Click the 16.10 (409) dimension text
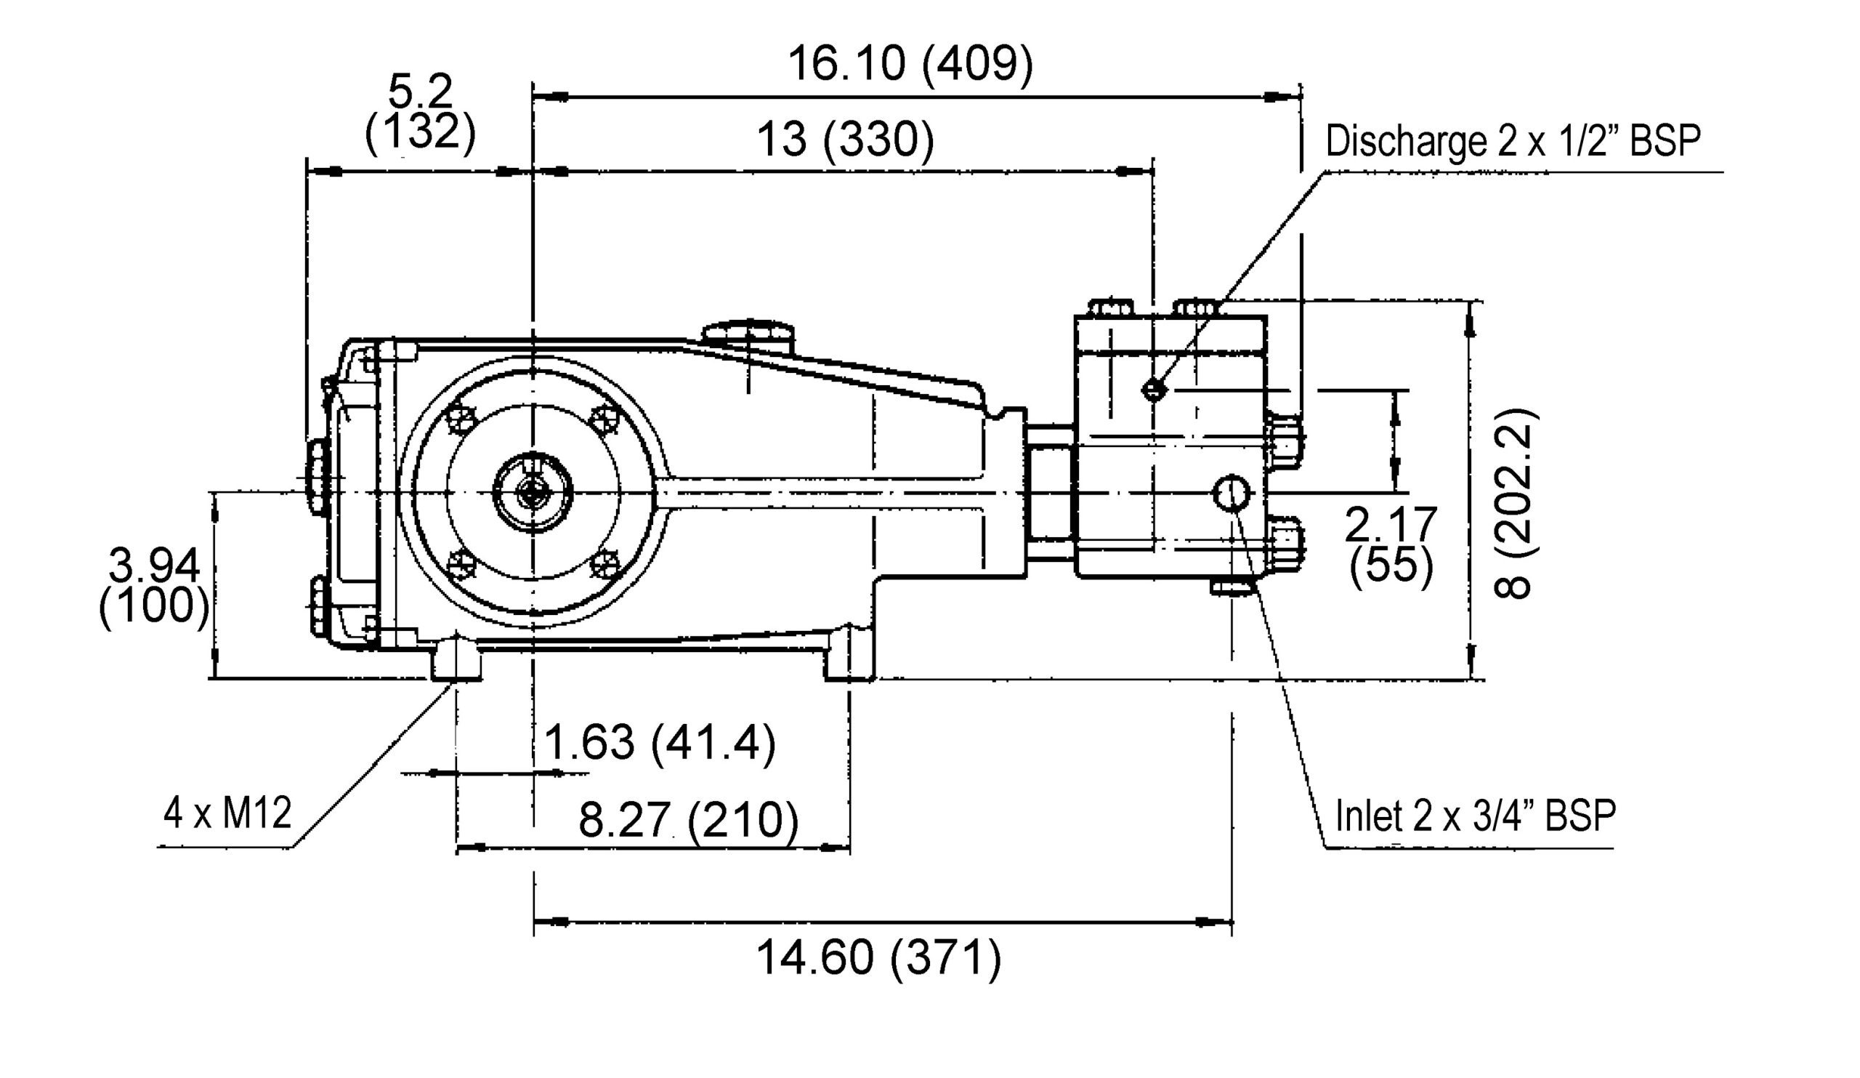tap(910, 63)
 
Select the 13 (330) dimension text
tap(845, 140)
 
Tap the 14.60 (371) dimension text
tap(878, 957)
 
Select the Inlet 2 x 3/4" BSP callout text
tap(1476, 816)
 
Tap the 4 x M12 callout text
tap(227, 813)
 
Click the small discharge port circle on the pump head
tap(1154, 389)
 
